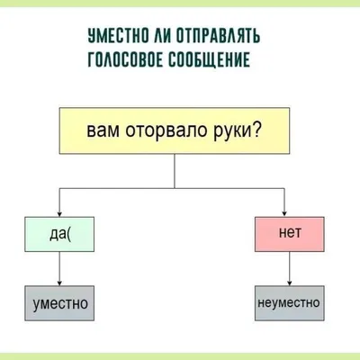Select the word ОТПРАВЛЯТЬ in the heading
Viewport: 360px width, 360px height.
(218, 36)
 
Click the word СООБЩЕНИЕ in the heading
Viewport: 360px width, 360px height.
(209, 59)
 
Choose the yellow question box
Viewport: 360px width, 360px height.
(175, 130)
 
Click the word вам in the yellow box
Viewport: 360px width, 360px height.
(103, 131)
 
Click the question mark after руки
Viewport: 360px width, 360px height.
(256, 130)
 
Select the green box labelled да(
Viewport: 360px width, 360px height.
(59, 234)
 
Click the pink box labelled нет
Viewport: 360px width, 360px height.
(290, 234)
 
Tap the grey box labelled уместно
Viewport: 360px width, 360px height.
(59, 303)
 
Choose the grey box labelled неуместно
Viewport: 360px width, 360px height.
(290, 303)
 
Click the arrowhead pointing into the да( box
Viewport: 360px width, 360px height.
(59, 214)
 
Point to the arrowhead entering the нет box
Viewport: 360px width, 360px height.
(284, 214)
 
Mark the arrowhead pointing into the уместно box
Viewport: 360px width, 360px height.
(59, 283)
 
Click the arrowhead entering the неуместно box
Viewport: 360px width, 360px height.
(290, 283)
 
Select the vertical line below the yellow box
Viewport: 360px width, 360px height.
(175, 171)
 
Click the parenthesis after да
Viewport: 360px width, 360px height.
(69, 234)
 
